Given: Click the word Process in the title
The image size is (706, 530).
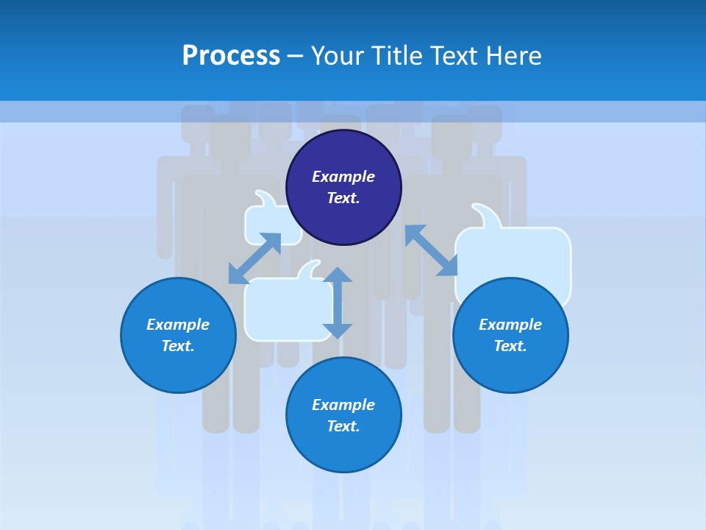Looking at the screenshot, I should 231,56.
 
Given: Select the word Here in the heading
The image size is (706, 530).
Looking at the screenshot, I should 513,56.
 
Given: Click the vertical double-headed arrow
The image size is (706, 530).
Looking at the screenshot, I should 338,303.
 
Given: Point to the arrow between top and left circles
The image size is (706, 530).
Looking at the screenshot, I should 254,258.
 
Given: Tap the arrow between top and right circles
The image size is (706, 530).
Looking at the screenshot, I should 432,250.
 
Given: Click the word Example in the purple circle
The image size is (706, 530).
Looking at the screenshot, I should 343,177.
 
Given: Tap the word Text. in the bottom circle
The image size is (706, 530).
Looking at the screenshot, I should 343,426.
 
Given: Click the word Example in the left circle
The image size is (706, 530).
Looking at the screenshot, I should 178,325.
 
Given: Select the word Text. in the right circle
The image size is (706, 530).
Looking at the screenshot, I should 510,346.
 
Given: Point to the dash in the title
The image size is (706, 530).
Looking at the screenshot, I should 295,56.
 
